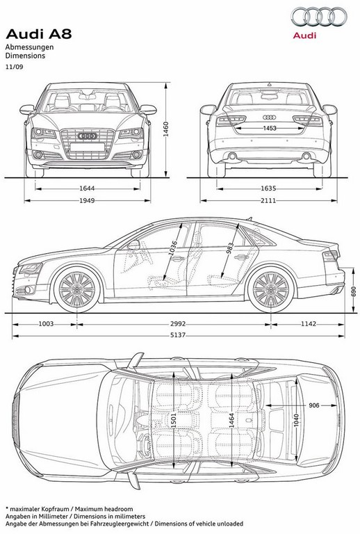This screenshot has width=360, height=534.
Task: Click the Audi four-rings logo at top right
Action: pyautogui.click(x=319, y=17)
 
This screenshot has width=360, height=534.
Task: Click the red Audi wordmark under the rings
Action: pyautogui.click(x=304, y=35)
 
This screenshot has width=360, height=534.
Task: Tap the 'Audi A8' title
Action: pyautogui.click(x=39, y=34)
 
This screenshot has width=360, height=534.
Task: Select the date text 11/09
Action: pyautogui.click(x=15, y=67)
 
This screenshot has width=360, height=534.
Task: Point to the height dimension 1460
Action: pyautogui.click(x=165, y=129)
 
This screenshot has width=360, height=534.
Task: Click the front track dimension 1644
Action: pyautogui.click(x=87, y=188)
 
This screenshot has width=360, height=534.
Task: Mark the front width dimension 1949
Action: pyautogui.click(x=87, y=200)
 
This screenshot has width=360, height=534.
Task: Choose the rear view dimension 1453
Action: pyautogui.click(x=270, y=129)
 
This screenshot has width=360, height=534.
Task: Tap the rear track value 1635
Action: pyautogui.click(x=268, y=188)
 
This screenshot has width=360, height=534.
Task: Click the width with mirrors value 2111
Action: pyautogui.click(x=268, y=200)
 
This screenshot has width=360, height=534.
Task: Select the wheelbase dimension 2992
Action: pyautogui.click(x=178, y=324)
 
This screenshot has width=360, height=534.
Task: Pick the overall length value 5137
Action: pyautogui.click(x=178, y=335)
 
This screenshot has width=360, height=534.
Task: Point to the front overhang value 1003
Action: pyautogui.click(x=46, y=324)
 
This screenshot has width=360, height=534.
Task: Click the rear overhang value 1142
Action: pyautogui.click(x=309, y=324)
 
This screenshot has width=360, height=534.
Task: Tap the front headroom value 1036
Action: pyautogui.click(x=172, y=248)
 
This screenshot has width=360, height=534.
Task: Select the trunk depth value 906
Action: pyautogui.click(x=314, y=405)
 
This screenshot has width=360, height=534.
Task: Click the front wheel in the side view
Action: pyautogui.click(x=77, y=289)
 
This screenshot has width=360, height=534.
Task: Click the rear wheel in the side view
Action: pyautogui.click(x=271, y=289)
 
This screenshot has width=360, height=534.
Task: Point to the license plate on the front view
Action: pyautogui.click(x=87, y=147)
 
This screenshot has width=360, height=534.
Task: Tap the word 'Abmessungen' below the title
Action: pyautogui.click(x=29, y=47)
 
